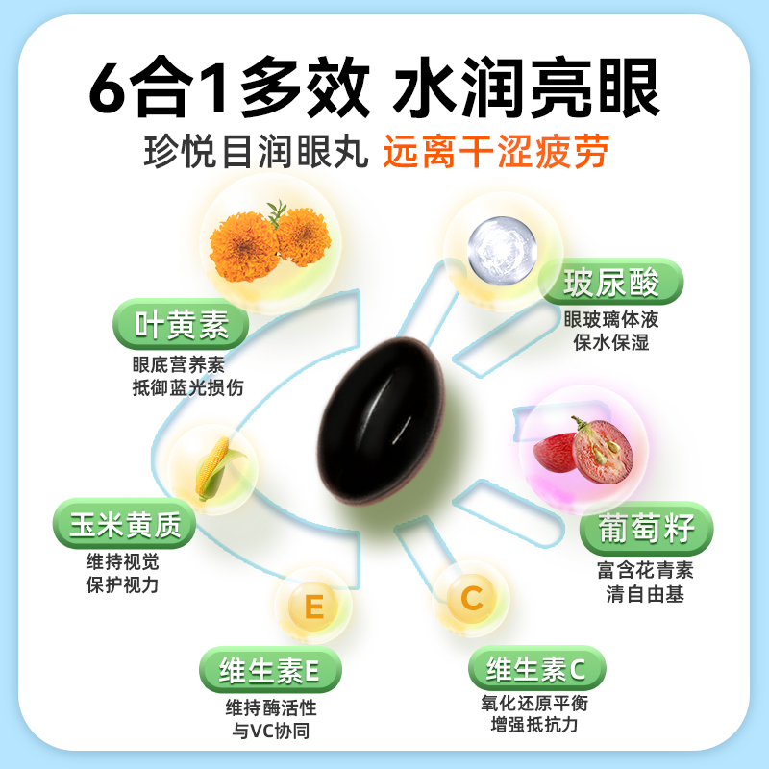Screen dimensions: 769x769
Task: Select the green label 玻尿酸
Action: click(611, 285)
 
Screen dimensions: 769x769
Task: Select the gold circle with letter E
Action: click(312, 607)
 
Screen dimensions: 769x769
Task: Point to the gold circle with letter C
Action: click(471, 598)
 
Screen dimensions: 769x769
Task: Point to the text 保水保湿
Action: click(611, 342)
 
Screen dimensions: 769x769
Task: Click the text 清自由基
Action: click(645, 594)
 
